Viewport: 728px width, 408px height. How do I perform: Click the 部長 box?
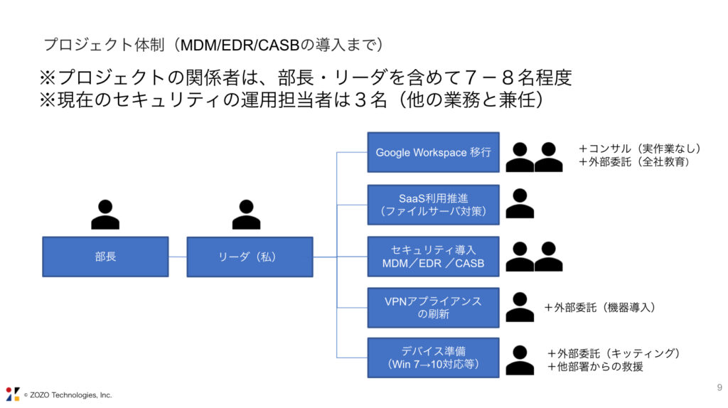(x=105, y=257)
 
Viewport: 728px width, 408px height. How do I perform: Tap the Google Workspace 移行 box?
(x=433, y=152)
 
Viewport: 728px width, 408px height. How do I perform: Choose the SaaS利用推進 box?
(x=433, y=205)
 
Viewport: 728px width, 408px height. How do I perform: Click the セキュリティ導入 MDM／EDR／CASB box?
(x=433, y=257)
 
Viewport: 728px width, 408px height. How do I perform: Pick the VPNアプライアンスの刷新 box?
(x=433, y=307)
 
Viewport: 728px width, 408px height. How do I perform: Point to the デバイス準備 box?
(x=433, y=358)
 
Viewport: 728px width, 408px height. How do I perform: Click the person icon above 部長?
(x=105, y=214)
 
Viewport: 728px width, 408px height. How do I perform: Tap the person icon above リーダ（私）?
(x=246, y=214)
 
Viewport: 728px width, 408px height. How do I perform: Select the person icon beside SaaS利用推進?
(x=520, y=204)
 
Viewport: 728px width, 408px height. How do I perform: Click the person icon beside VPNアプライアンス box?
(x=520, y=307)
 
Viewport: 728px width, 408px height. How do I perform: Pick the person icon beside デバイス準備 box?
(x=520, y=360)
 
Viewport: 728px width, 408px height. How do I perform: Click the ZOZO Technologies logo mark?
(x=13, y=394)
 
